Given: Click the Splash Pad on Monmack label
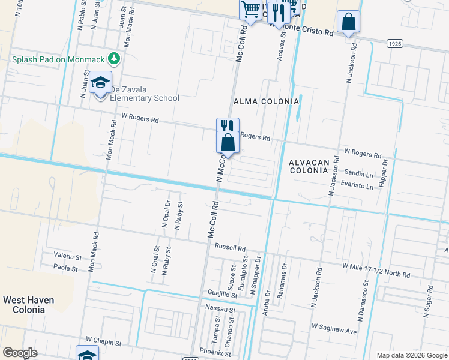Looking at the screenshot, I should [x=58, y=59].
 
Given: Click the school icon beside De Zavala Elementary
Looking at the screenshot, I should [x=100, y=83].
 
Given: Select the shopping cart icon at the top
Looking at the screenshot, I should [x=250, y=10].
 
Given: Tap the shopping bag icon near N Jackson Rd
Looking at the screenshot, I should [x=348, y=22].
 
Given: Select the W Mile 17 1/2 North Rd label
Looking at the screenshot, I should [x=376, y=269].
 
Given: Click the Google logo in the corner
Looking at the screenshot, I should [x=20, y=353].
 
